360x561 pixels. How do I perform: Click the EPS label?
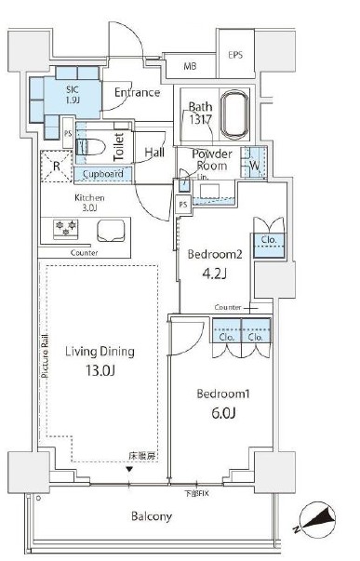235,55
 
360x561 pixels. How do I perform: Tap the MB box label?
190,66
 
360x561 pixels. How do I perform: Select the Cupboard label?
102,174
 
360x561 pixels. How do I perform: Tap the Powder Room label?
212,160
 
